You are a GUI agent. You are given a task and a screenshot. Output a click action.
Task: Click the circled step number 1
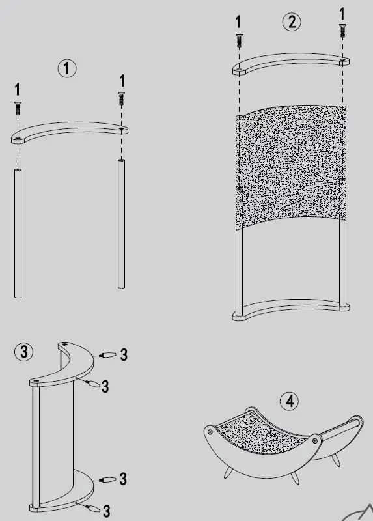point(67,68)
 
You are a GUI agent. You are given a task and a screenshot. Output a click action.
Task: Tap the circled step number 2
point(291,21)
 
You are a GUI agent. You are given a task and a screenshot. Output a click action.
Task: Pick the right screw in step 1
point(120,98)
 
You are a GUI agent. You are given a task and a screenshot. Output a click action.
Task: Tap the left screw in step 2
point(240,39)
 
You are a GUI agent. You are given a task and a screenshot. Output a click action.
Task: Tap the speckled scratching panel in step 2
point(291,166)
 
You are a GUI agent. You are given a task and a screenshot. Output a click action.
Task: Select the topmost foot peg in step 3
point(107,355)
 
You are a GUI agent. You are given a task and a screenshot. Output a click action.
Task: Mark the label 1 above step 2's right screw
point(342,12)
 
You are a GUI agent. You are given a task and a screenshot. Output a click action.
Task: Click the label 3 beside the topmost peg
point(123,355)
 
